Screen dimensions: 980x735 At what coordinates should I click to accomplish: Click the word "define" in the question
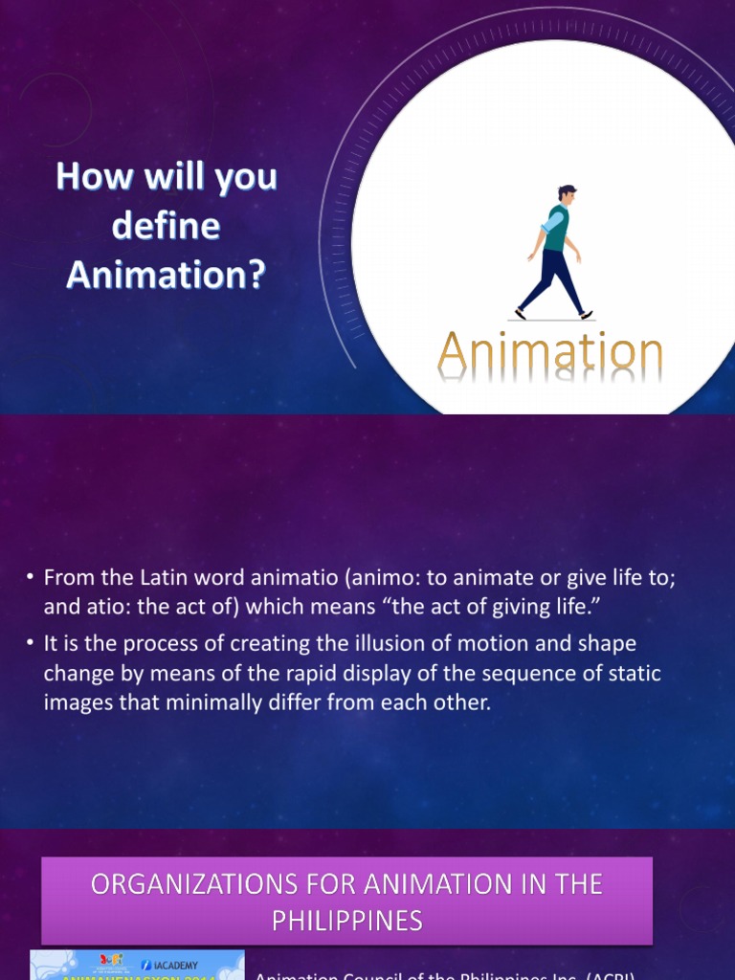[x=166, y=227]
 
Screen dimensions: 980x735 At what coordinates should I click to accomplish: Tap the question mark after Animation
[x=256, y=276]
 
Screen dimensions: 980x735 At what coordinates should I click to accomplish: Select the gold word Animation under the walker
[x=550, y=353]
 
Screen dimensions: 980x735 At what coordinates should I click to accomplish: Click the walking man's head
[x=566, y=194]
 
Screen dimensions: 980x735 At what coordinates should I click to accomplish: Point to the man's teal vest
[x=557, y=228]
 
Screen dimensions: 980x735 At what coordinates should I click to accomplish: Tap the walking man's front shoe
[x=586, y=314]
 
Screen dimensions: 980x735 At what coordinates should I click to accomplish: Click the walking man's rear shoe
[x=521, y=313]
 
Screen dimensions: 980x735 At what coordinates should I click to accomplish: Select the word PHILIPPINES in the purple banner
[x=346, y=920]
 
